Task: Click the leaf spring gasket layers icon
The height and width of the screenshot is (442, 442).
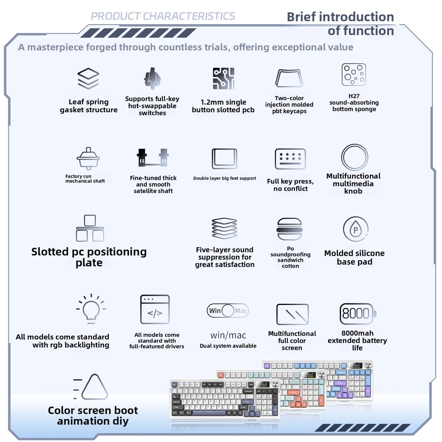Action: (88, 78)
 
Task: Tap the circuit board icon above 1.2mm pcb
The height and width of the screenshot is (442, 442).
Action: (223, 78)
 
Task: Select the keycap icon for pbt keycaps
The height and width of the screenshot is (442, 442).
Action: (289, 78)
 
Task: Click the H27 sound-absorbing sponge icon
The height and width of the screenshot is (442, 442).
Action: (354, 75)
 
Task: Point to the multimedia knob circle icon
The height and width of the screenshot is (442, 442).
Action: (355, 144)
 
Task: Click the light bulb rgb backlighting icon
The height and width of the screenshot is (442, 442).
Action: (91, 309)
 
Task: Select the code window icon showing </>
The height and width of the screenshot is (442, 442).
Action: (155, 309)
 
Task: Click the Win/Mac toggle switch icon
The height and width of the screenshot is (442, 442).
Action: (228, 310)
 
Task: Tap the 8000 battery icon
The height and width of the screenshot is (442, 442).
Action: (358, 314)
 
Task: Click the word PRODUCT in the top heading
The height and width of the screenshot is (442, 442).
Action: (115, 16)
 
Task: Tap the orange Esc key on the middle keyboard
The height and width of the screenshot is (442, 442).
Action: (221, 376)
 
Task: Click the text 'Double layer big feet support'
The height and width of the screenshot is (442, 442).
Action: (225, 178)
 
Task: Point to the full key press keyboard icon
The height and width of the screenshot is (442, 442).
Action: (290, 159)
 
